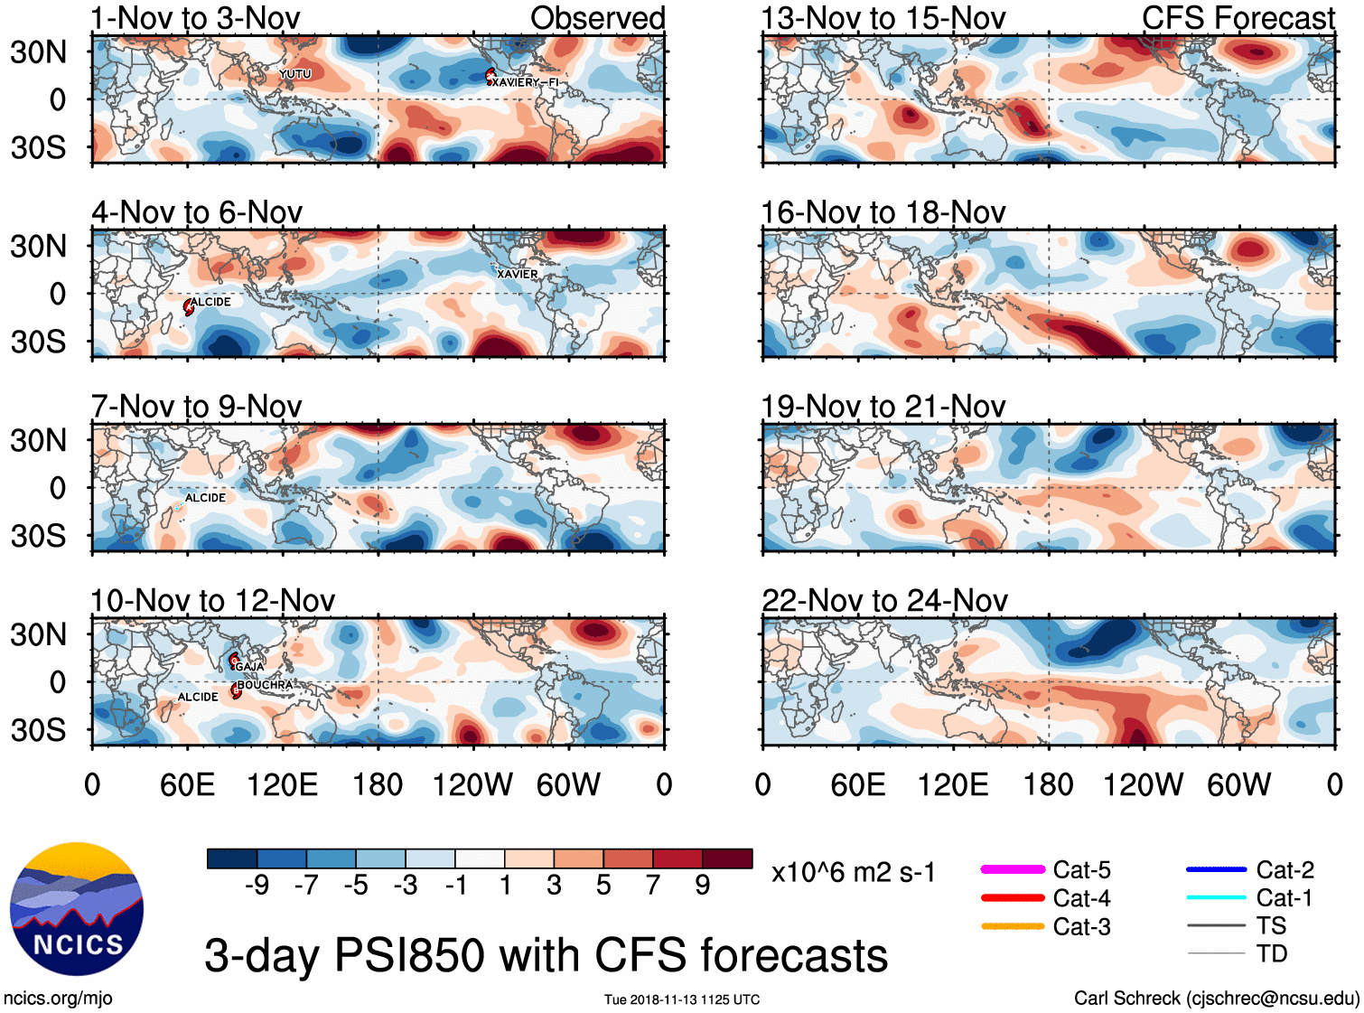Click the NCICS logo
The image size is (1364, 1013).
[x=77, y=909]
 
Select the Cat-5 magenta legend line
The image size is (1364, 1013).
[x=1013, y=869]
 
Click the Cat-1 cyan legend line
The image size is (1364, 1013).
[x=1216, y=897]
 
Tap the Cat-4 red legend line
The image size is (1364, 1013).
[x=1013, y=898]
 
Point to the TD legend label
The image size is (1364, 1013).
[x=1271, y=953]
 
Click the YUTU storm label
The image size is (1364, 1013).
[x=295, y=74]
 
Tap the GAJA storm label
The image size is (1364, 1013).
[x=249, y=667]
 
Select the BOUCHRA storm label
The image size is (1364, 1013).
[x=266, y=685]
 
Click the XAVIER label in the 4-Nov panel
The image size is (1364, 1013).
[x=517, y=274]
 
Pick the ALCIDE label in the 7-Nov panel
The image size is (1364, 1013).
[x=205, y=498]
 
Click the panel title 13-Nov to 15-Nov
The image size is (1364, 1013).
[x=883, y=18]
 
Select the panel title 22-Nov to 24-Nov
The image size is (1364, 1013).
[x=884, y=600]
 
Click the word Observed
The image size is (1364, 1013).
[x=597, y=18]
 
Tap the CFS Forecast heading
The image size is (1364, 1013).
[x=1238, y=18]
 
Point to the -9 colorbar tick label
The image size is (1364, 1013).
[x=257, y=885]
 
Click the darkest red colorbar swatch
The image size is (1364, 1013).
[x=727, y=858]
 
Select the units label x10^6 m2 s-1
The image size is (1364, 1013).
[x=853, y=873]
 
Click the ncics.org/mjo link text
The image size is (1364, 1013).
[x=58, y=998]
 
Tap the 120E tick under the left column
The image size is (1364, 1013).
[x=282, y=784]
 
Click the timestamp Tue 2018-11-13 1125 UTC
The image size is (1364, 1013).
[x=682, y=999]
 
